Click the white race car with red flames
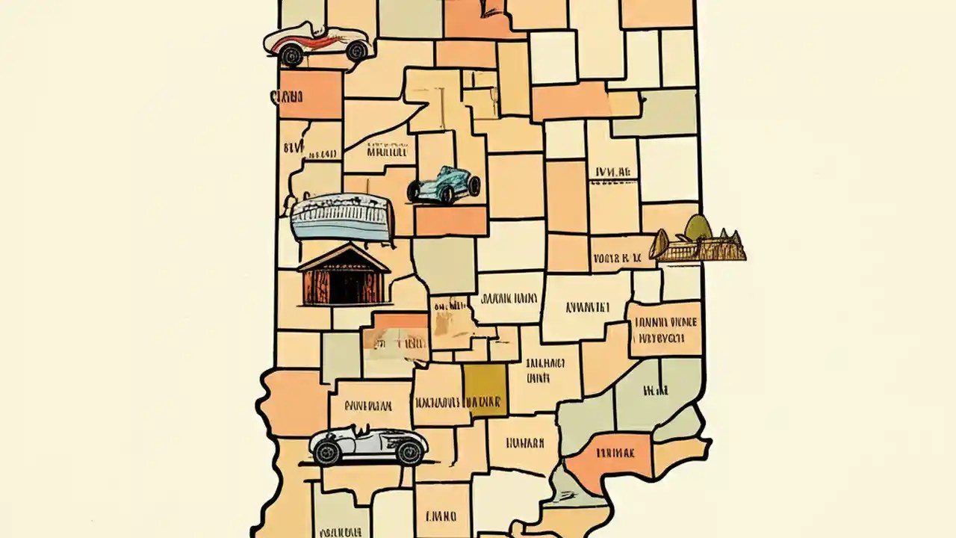tap(317, 43)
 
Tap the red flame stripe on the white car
tap(299, 44)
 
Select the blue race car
tap(444, 185)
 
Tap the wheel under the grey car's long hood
tap(409, 451)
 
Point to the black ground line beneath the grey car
tap(366, 464)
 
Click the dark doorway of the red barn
tap(345, 287)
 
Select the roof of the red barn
tap(344, 258)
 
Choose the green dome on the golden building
tap(698, 226)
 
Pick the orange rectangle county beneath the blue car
tap(451, 220)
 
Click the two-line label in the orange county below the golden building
tap(665, 330)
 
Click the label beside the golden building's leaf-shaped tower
tap(617, 259)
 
